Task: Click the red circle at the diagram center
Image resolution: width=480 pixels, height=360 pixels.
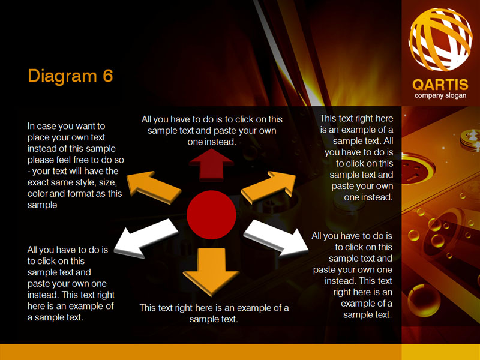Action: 211,215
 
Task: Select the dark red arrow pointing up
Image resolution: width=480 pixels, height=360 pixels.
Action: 211,164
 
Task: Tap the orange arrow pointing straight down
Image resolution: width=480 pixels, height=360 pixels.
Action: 211,271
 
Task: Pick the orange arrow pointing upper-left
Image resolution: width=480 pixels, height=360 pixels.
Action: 154,187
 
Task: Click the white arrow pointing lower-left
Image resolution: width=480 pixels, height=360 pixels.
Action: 146,238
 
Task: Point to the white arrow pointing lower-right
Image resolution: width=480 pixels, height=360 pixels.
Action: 276,238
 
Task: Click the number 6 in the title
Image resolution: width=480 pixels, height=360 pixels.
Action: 108,76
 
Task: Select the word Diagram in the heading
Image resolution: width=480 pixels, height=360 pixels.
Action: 62,76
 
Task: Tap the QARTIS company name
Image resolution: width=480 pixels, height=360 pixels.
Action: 440,85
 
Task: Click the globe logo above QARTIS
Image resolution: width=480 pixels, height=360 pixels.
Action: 440,40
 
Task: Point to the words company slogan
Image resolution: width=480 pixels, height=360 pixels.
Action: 440,95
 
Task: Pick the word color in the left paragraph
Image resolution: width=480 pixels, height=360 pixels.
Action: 37,194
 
